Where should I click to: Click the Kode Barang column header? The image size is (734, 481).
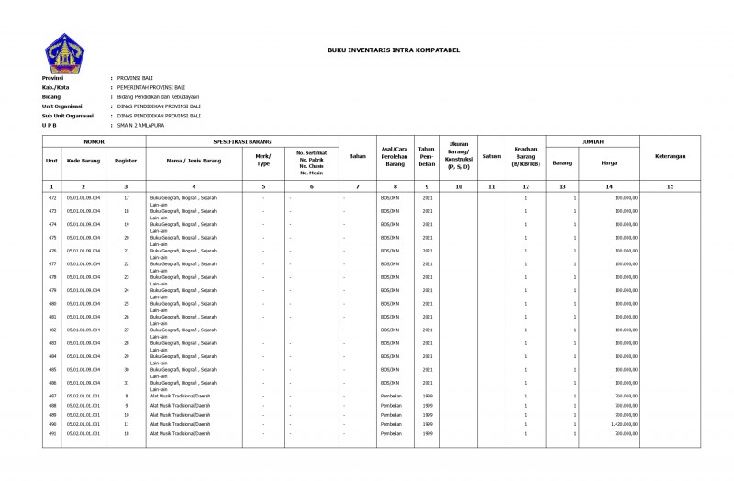(x=83, y=160)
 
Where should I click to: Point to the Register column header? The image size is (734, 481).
(x=126, y=160)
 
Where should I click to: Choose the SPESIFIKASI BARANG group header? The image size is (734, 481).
(x=242, y=143)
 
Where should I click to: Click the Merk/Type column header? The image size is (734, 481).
(x=263, y=160)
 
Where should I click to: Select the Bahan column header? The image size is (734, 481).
(x=358, y=156)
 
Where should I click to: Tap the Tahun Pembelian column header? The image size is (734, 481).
(x=427, y=156)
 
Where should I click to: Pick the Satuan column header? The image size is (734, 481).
(x=491, y=156)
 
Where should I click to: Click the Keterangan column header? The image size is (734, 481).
(x=670, y=156)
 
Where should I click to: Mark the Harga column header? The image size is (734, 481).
(x=608, y=162)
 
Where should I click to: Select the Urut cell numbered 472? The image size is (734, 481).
(x=52, y=197)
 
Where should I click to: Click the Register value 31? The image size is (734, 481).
(x=127, y=382)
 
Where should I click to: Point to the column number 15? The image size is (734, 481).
(x=670, y=186)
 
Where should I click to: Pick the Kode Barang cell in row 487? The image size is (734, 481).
(x=83, y=396)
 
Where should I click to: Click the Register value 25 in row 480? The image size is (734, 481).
(x=127, y=303)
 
